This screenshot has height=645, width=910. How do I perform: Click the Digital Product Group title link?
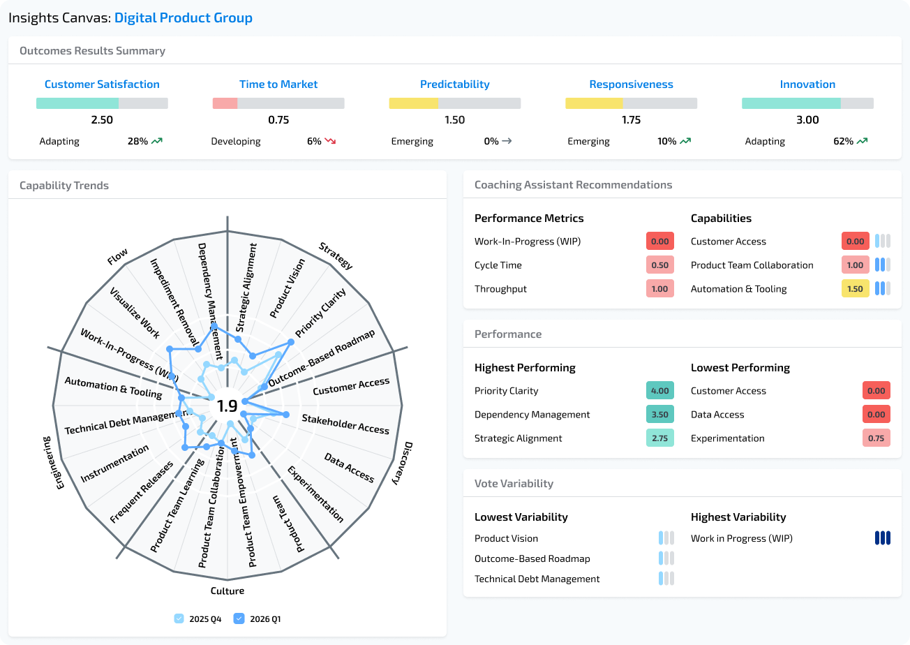click(x=183, y=18)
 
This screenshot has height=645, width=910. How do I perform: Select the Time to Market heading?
click(x=278, y=84)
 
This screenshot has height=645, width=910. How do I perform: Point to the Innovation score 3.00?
click(x=807, y=120)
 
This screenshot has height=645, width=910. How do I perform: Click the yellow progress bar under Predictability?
click(x=414, y=103)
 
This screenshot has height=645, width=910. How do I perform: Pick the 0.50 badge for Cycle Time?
click(x=659, y=265)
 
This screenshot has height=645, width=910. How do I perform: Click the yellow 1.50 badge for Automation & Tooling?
click(x=855, y=289)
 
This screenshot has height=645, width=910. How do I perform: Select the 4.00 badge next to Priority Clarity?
click(x=659, y=391)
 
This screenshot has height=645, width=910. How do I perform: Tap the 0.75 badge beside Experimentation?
click(x=876, y=438)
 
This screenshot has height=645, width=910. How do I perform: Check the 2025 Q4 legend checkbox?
click(x=179, y=618)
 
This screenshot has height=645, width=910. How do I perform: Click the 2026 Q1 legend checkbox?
click(x=239, y=618)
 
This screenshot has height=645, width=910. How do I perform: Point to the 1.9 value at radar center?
click(x=227, y=406)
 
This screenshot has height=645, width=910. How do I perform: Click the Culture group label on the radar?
click(x=227, y=591)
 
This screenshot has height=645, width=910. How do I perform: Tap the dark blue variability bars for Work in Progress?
click(x=883, y=538)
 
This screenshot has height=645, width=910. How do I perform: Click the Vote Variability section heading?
click(x=514, y=483)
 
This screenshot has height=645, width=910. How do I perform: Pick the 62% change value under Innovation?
click(x=842, y=141)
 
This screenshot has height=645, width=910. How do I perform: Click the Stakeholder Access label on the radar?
click(x=345, y=423)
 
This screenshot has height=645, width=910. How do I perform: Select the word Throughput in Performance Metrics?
click(x=500, y=289)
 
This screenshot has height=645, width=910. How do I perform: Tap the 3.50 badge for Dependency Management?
click(x=659, y=415)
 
